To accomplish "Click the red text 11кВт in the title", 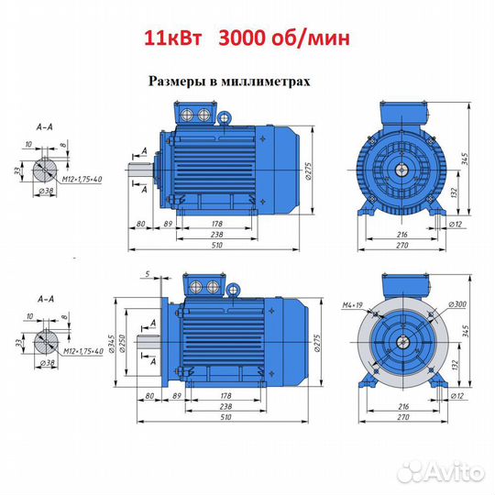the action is [173, 38].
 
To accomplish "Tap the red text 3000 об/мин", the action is [284, 38].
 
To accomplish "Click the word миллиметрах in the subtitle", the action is [266, 82].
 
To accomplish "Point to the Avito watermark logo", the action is [441, 472].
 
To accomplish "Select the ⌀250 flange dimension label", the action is [122, 343].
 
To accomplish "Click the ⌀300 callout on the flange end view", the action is [457, 304].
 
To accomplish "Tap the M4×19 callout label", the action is [353, 305].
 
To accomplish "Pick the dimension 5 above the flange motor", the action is [148, 274].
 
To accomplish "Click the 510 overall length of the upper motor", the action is [217, 245].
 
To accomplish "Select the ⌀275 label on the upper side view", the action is [308, 171].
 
